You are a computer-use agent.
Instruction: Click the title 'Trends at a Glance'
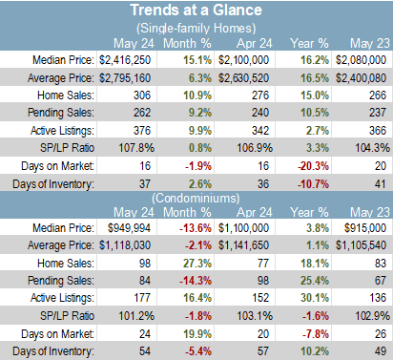pyautogui.click(x=196, y=10)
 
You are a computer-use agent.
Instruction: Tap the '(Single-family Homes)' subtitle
pyautogui.click(x=196, y=29)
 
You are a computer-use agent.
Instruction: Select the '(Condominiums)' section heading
pyautogui.click(x=196, y=199)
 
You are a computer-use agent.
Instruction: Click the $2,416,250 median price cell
pyautogui.click(x=125, y=60)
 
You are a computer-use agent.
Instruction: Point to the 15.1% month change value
pyautogui.click(x=197, y=60)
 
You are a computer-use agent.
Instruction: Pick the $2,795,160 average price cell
pyautogui.click(x=125, y=78)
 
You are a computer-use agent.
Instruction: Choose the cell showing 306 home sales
pyautogui.click(x=142, y=95)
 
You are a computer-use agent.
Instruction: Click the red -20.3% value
pyautogui.click(x=313, y=166)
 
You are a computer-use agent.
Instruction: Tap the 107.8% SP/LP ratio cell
pyautogui.click(x=136, y=148)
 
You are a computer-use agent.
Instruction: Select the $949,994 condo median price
pyautogui.click(x=129, y=228)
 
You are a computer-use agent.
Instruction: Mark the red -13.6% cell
pyautogui.click(x=196, y=228)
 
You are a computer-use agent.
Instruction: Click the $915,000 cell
pyautogui.click(x=365, y=228)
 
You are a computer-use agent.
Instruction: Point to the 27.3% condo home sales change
pyautogui.click(x=197, y=264)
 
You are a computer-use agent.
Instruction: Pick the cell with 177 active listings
pyautogui.click(x=142, y=298)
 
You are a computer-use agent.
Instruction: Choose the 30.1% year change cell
pyautogui.click(x=315, y=298)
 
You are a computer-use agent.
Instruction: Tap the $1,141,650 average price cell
pyautogui.click(x=243, y=245)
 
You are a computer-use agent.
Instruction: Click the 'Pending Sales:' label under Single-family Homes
pyautogui.click(x=61, y=113)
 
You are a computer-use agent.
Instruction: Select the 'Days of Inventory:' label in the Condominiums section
pyautogui.click(x=53, y=351)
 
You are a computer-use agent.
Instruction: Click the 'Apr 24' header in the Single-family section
pyautogui.click(x=255, y=44)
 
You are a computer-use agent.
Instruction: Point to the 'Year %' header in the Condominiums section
pyautogui.click(x=309, y=212)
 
